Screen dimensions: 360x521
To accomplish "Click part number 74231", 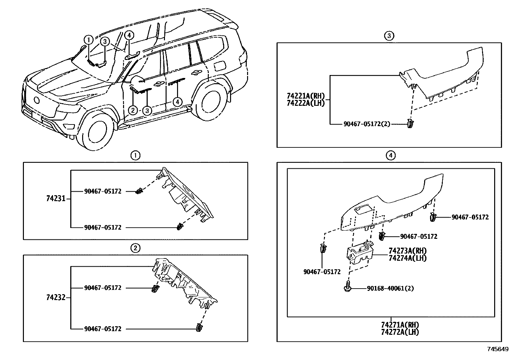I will tap(56, 199).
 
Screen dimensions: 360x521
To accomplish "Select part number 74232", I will tap(56, 297).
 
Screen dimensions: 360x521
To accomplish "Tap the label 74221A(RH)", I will tap(305, 96).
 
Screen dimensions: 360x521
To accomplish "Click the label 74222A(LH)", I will tap(305, 103).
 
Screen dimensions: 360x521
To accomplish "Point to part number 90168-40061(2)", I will tap(390, 289).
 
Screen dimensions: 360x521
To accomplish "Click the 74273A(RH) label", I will tap(407, 251).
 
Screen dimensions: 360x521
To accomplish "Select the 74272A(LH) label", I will tap(400, 332).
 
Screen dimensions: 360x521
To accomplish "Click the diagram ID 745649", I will tap(498, 349).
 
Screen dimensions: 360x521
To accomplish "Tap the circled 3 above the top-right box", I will tap(388, 36).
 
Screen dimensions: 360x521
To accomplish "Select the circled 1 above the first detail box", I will tap(135, 155).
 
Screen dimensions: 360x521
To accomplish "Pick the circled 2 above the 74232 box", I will tap(135, 248).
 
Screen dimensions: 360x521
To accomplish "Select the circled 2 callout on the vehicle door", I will tap(133, 110).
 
